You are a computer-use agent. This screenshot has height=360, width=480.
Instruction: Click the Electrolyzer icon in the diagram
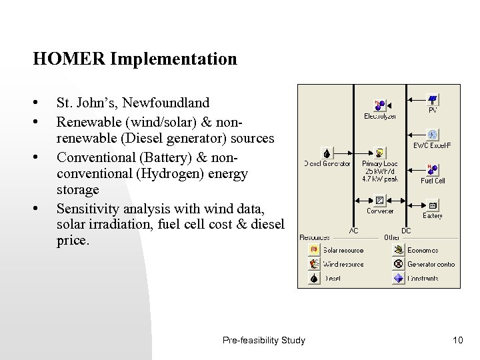(379, 105)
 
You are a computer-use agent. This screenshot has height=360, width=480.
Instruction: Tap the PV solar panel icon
(432, 99)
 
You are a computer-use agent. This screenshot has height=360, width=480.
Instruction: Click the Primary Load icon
(379, 153)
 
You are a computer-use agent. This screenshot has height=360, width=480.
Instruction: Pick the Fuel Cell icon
(432, 168)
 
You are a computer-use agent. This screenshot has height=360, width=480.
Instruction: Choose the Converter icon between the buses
(379, 200)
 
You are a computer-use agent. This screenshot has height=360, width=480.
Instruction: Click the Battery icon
(432, 205)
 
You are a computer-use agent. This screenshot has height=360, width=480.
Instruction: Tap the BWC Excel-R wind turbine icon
(432, 134)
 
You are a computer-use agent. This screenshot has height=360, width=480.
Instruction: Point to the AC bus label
(354, 230)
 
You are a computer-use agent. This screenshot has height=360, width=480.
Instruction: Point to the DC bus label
(405, 230)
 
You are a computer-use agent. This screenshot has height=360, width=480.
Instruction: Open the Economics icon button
(399, 249)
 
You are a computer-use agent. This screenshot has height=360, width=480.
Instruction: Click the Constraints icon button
(399, 279)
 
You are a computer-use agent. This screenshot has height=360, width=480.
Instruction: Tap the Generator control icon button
(399, 264)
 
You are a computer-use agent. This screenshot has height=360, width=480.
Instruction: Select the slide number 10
(457, 341)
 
